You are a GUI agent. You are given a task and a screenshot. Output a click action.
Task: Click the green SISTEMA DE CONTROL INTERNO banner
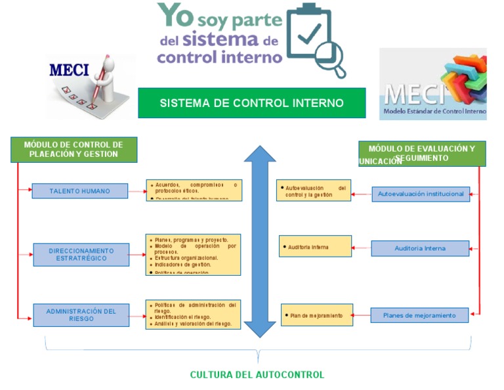pyautogui.click(x=251, y=103)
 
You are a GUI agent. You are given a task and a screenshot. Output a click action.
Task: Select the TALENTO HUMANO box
pyautogui.click(x=79, y=191)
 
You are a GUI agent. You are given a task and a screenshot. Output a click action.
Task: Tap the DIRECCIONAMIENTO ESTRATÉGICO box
pyautogui.click(x=81, y=255)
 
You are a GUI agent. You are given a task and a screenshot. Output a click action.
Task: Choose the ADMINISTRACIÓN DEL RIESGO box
pyautogui.click(x=81, y=314)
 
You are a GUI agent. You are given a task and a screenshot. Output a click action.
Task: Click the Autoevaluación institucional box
pyautogui.click(x=421, y=194)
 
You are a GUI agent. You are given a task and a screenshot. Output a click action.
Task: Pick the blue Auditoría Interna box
pyautogui.click(x=420, y=248)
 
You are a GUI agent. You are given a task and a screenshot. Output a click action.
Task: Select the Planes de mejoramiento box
pyautogui.click(x=419, y=315)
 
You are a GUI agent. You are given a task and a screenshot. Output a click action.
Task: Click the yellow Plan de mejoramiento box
pyautogui.click(x=316, y=315)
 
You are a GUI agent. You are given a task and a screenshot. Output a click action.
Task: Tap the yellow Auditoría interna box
pyautogui.click(x=315, y=247)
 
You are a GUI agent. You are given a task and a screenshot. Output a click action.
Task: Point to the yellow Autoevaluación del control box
pyautogui.click(x=313, y=190)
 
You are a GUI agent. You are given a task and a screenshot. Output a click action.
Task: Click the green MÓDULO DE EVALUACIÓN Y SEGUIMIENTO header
pyautogui.click(x=422, y=153)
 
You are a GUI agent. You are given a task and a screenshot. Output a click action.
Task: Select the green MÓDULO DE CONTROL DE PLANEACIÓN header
pyautogui.click(x=73, y=150)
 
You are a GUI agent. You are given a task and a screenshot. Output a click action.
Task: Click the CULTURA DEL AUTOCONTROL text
pyautogui.click(x=257, y=375)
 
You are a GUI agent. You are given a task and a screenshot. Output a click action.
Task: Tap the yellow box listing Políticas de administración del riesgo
pyautogui.click(x=193, y=314)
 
